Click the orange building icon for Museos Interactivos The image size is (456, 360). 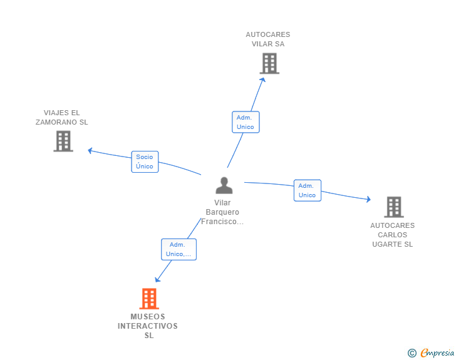149,299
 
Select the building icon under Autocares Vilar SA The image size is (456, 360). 269,63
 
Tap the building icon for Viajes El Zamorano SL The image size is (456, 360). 63,141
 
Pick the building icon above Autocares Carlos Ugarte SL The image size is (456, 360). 394,207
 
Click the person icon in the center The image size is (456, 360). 224,185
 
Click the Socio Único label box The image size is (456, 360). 145,162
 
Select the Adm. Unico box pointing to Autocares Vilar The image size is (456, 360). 246,122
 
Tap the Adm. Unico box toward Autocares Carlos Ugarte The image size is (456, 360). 308,190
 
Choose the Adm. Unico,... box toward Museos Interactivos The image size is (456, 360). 179,250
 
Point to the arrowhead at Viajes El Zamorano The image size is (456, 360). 90,151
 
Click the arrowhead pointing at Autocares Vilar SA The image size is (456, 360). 262,80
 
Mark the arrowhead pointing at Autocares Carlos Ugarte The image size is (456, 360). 369,199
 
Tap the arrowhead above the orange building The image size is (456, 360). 157,279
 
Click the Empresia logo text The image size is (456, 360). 437,352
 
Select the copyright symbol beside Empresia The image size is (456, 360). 412,353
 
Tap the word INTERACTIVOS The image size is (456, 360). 148,326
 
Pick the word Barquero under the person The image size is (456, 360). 222,212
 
